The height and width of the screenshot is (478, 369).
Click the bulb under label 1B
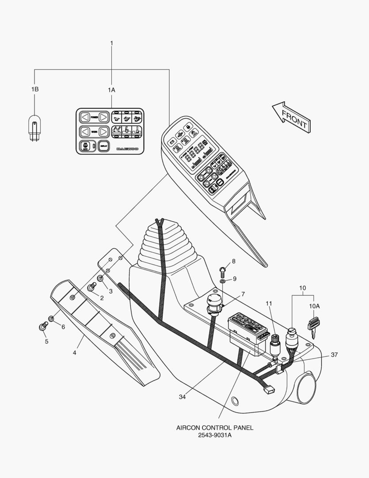tap(34, 128)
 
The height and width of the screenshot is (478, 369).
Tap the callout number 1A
tap(111, 89)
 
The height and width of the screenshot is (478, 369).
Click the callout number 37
tap(334, 355)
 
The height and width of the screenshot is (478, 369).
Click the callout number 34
tap(182, 397)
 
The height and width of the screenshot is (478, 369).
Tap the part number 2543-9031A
tap(215, 435)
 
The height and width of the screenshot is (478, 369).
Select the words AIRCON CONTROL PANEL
tap(215, 428)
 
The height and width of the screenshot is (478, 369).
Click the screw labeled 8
tap(223, 269)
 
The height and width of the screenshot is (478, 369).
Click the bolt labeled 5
tap(43, 328)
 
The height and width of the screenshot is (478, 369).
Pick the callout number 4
tap(75, 353)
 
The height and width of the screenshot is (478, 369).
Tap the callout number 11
tap(269, 303)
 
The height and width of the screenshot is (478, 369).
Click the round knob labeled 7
tap(214, 303)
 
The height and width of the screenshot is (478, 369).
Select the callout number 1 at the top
tap(111, 43)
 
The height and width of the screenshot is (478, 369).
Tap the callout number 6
tap(63, 327)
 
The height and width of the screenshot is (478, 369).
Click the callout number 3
tap(110, 291)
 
